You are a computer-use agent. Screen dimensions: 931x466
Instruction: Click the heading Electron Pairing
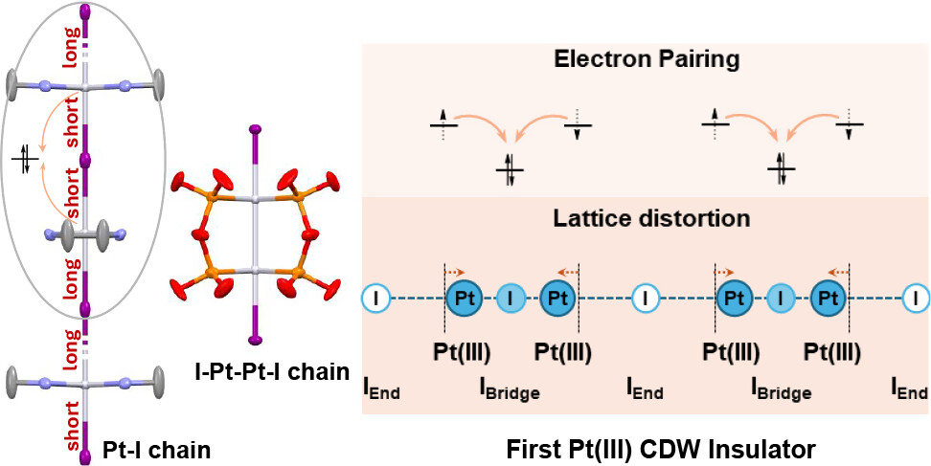[647, 59]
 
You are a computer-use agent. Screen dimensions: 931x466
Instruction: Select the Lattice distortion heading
[651, 218]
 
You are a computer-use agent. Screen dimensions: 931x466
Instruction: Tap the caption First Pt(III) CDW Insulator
[661, 450]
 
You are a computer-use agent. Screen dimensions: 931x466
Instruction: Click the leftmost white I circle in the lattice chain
[375, 298]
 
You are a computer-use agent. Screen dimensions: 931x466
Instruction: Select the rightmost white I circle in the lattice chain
[917, 298]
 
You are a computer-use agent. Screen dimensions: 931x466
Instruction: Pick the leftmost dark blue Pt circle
[465, 298]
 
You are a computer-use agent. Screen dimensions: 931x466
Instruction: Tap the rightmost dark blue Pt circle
[829, 298]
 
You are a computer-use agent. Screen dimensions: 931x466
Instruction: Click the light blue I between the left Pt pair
[511, 298]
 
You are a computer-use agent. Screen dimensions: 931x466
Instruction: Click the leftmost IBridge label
[510, 388]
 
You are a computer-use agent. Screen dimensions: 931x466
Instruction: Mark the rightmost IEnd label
[909, 388]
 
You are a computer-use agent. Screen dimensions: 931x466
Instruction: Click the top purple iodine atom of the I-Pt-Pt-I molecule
[256, 128]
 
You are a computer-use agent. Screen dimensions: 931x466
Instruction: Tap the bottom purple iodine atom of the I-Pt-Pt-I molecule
[256, 340]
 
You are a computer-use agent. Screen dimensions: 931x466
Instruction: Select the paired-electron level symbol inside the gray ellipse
[25, 160]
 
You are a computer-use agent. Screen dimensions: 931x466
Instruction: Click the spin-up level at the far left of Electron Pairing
[443, 123]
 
